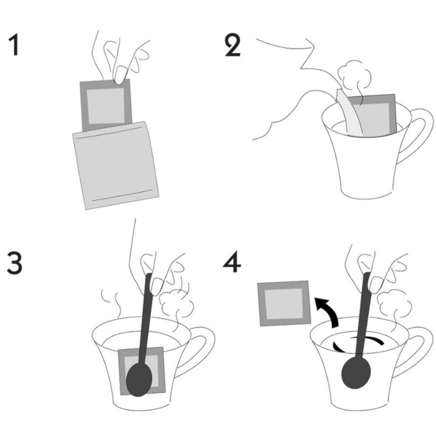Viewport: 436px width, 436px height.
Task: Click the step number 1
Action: [14, 45]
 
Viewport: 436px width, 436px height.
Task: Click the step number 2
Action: [232, 46]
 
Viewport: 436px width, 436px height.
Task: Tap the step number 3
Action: [14, 263]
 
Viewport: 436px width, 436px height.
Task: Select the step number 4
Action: [232, 263]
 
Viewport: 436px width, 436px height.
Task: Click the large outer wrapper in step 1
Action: [116, 166]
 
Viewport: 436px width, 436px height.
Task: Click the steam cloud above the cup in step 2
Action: [354, 75]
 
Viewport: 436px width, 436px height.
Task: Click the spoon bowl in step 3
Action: [139, 380]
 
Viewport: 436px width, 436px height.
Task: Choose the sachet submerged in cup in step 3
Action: [142, 371]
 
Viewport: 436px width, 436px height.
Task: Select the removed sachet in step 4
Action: [284, 303]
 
